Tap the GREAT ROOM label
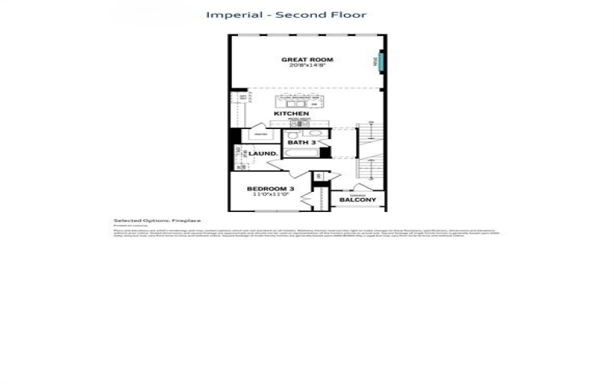pyautogui.click(x=305, y=59)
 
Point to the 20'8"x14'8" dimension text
pyautogui.click(x=305, y=66)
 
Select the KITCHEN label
pyautogui.click(x=292, y=114)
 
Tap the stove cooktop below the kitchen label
pyautogui.click(x=299, y=122)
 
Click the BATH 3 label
pyautogui.click(x=301, y=143)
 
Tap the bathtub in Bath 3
pyautogui.click(x=301, y=153)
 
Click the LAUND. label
pyautogui.click(x=263, y=154)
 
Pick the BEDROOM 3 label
pyautogui.click(x=270, y=188)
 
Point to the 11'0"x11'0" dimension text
pyautogui.click(x=270, y=195)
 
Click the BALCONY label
pyautogui.click(x=358, y=200)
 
